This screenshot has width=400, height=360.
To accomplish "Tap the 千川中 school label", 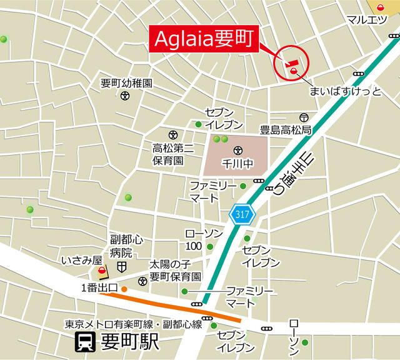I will coord(236,164).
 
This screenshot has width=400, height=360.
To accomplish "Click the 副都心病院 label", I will coord(122,247).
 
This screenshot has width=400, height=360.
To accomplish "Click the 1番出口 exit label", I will coord(100,288).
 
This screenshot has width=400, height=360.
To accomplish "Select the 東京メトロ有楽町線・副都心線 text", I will coord(134,324).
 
